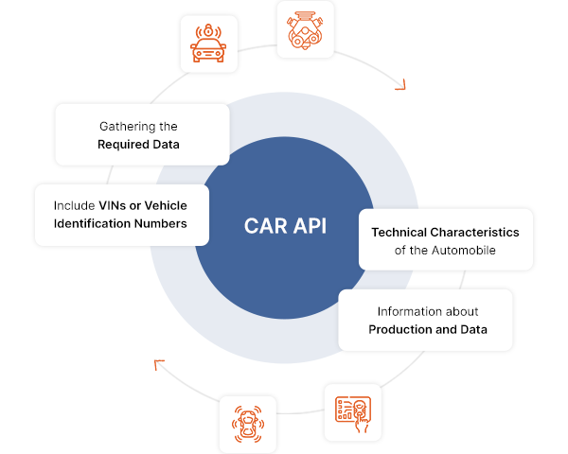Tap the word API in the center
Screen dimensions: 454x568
pyautogui.click(x=307, y=227)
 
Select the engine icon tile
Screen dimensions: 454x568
pyautogui.click(x=304, y=28)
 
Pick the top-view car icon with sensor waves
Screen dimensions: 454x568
pyautogui.click(x=247, y=424)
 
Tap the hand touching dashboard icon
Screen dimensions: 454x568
pyautogui.click(x=352, y=412)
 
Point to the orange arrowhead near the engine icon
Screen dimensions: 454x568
pyautogui.click(x=400, y=85)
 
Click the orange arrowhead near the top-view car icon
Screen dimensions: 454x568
pyautogui.click(x=159, y=363)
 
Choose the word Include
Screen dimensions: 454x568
pyautogui.click(x=75, y=205)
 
